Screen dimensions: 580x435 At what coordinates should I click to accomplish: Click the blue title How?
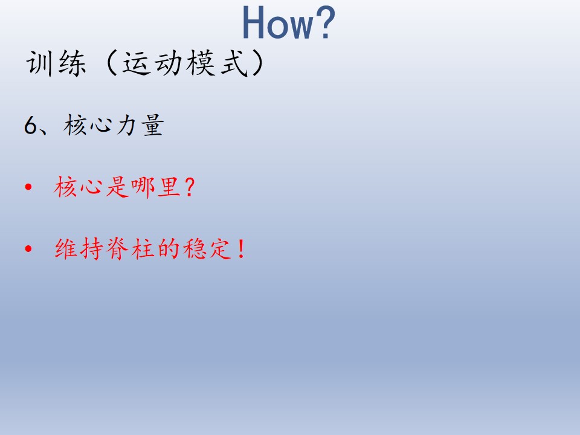[x=289, y=22]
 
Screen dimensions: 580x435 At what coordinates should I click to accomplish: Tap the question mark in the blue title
[x=326, y=22]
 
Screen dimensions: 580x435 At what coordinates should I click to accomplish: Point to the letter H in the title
[x=254, y=23]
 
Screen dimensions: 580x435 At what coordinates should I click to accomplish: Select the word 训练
[x=56, y=63]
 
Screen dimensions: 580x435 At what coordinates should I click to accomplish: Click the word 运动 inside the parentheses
[x=152, y=63]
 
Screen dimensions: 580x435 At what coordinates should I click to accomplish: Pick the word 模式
[x=217, y=63]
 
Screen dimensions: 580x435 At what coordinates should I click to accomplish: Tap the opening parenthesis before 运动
[x=111, y=63]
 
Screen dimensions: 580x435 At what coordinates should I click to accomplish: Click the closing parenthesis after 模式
[x=257, y=63]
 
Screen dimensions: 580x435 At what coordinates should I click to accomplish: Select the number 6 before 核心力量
[x=31, y=125]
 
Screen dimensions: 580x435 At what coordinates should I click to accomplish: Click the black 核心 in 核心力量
[x=88, y=124]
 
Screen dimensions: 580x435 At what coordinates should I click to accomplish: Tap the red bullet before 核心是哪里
[x=28, y=187]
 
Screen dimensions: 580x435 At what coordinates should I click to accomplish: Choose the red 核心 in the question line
[x=78, y=187]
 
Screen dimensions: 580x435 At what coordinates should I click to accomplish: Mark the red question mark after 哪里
[x=189, y=187]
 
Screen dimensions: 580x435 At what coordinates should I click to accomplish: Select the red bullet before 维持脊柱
[x=28, y=248]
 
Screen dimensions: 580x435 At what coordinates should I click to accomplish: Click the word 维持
[x=79, y=248]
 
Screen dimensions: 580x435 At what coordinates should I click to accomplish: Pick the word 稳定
[x=207, y=248]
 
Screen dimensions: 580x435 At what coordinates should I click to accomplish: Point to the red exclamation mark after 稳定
[x=242, y=248]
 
